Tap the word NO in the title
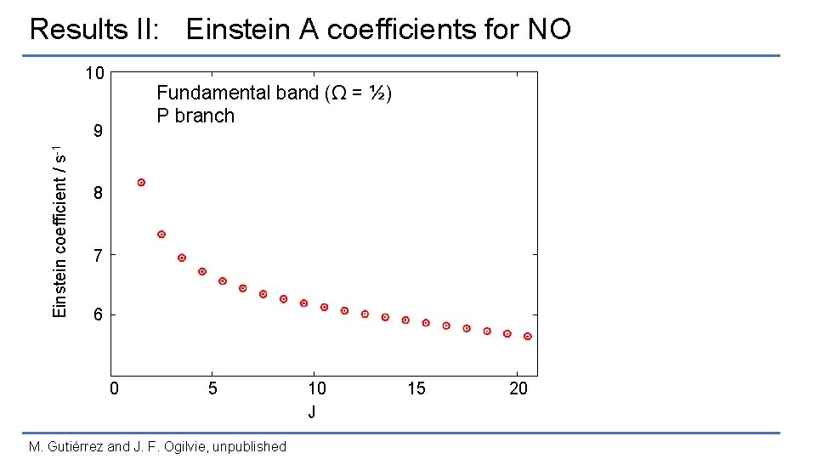tap(548, 30)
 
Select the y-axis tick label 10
tap(94, 73)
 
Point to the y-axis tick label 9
tap(99, 133)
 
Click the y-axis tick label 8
tap(99, 194)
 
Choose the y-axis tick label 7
tap(99, 255)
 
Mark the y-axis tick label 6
tap(99, 315)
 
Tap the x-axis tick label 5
tap(213, 389)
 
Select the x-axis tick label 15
tap(416, 389)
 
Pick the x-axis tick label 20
tap(518, 389)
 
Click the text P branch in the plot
tap(195, 116)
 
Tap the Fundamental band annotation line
tap(274, 93)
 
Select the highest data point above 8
tap(141, 183)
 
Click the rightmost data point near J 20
tap(528, 337)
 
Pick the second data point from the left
tap(161, 235)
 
